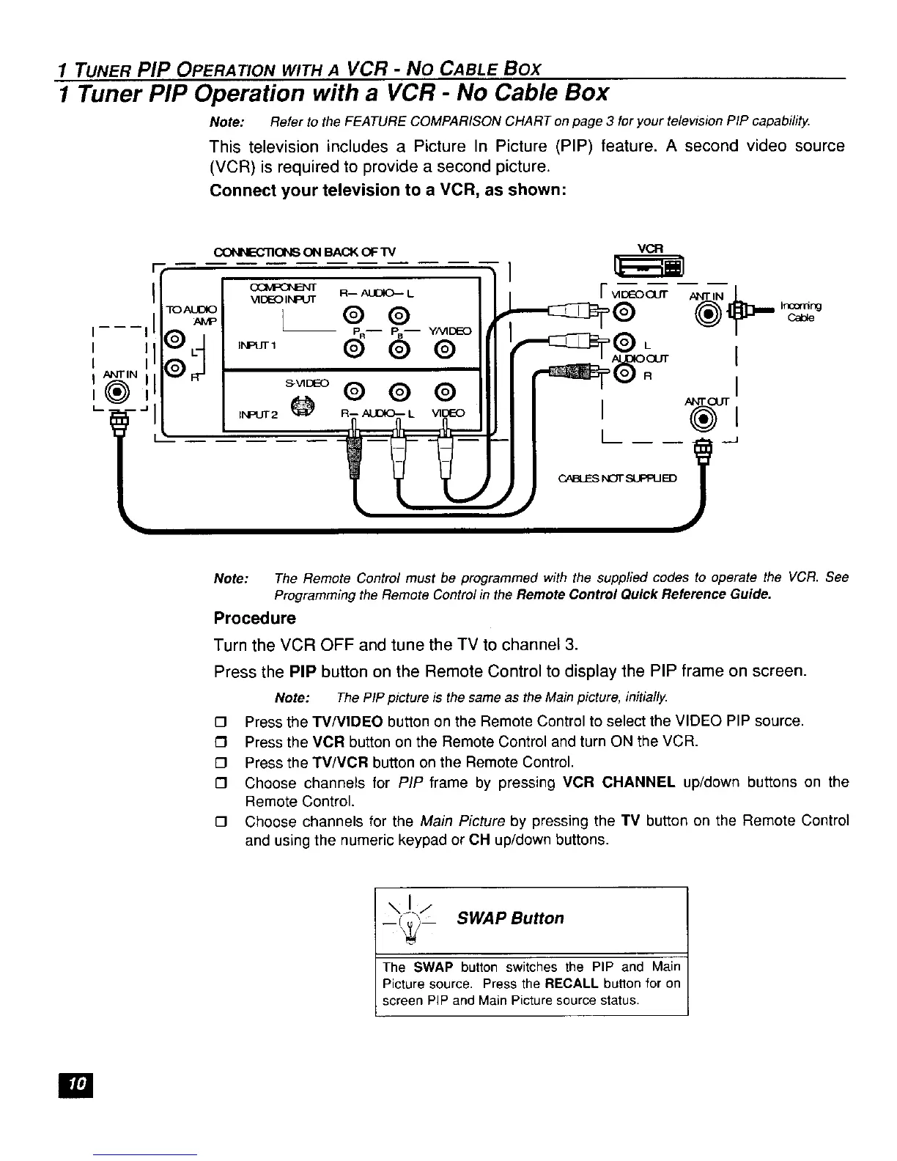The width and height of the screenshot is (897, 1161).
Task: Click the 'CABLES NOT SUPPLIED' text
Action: click(x=618, y=478)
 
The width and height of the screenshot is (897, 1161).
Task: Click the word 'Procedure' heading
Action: click(x=254, y=618)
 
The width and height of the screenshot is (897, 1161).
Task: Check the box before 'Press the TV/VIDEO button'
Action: click(x=218, y=722)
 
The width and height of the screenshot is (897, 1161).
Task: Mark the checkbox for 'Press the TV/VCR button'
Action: click(x=218, y=762)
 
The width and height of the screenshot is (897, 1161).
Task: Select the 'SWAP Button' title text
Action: click(x=511, y=918)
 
